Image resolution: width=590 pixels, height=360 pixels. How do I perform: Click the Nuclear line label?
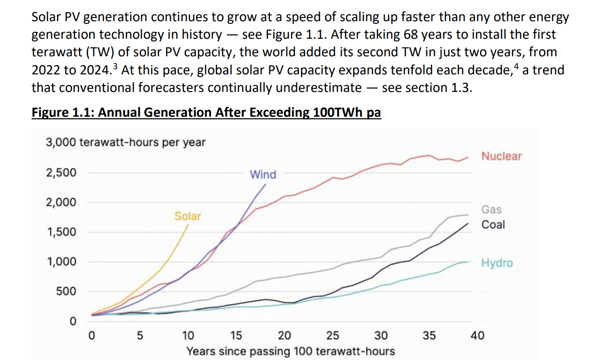click(x=501, y=156)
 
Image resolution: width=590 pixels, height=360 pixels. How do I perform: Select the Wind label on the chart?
click(x=263, y=175)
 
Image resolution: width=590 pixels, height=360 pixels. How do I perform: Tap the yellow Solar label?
click(x=187, y=216)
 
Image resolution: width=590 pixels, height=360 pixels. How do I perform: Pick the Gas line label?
click(x=491, y=209)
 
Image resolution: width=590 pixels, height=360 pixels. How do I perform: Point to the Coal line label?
click(x=493, y=225)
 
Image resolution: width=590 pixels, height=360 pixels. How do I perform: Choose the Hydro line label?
click(x=497, y=263)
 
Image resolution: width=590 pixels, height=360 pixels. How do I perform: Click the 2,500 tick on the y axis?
click(x=61, y=173)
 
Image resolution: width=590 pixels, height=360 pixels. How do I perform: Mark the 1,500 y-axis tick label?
click(x=61, y=232)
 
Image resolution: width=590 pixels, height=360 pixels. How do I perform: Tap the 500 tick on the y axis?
click(x=66, y=291)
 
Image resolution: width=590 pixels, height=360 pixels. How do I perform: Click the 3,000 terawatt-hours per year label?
click(x=125, y=142)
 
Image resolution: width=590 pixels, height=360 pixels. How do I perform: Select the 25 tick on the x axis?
click(x=333, y=336)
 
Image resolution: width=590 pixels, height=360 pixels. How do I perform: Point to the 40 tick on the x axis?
click(x=477, y=336)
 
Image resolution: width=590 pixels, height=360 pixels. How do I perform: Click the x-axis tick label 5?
click(x=139, y=336)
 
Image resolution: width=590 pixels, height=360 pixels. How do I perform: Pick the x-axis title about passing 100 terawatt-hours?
click(x=291, y=351)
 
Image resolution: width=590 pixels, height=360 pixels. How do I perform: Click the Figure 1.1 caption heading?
click(x=206, y=113)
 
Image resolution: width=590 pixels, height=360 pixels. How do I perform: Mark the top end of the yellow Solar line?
click(x=188, y=225)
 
